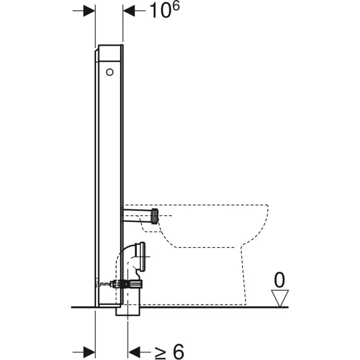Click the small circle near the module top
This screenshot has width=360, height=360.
pos(109,72)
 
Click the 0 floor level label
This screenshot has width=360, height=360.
pos(280,279)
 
